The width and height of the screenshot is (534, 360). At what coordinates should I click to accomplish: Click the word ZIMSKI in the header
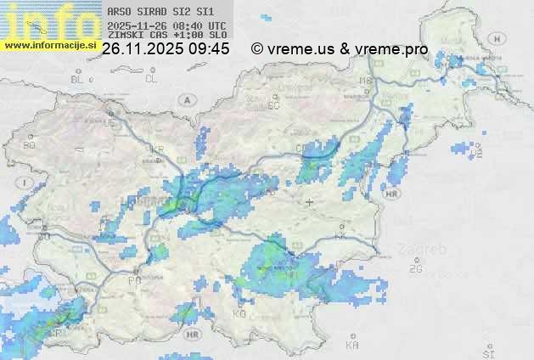(x=126, y=37)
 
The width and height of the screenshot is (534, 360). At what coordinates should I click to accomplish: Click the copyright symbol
(x=257, y=50)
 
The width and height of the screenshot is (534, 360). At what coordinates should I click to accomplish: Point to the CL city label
(x=152, y=79)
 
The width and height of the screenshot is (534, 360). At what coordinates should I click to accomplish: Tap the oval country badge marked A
(x=185, y=99)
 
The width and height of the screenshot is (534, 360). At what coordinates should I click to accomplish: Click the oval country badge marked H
(x=501, y=39)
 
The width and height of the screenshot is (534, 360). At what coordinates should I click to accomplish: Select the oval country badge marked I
(x=28, y=183)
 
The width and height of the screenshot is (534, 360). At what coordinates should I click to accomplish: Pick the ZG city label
(x=415, y=269)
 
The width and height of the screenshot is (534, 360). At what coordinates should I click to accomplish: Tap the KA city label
(x=352, y=346)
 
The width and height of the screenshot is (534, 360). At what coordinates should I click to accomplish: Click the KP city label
(x=57, y=333)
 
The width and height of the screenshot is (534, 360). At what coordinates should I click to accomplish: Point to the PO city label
(x=133, y=280)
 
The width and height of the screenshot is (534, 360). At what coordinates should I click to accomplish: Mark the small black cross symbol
(x=309, y=202)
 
